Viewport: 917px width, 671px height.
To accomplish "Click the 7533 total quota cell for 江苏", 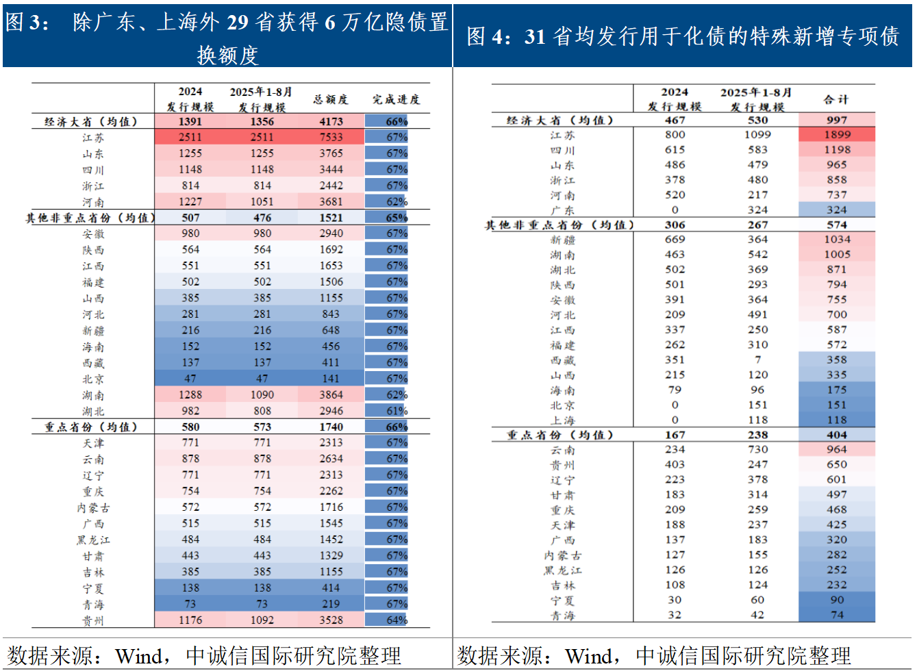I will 331,137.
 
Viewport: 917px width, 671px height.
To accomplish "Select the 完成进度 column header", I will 396,99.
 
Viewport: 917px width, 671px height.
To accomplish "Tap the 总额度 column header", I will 331,99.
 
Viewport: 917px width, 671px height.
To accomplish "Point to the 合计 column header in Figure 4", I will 836,99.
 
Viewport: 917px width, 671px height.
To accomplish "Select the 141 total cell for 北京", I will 331,379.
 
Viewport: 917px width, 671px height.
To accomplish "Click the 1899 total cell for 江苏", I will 837,135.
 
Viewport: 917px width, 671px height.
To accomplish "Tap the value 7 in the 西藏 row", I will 757,360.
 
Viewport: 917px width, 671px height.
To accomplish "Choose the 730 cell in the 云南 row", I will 757,450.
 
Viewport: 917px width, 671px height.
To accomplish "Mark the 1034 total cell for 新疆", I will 837,240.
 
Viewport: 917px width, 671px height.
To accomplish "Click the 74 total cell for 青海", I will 837,615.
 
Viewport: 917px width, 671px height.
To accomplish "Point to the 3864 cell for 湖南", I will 331,395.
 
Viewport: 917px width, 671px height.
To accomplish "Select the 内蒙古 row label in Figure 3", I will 94,508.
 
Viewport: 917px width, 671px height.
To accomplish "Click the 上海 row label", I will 562,420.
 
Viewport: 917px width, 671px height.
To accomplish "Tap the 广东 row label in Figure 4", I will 562,210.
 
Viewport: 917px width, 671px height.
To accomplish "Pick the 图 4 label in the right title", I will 488,37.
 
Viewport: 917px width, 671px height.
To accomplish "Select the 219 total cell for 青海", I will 331,604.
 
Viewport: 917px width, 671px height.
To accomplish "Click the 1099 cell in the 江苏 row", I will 757,135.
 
